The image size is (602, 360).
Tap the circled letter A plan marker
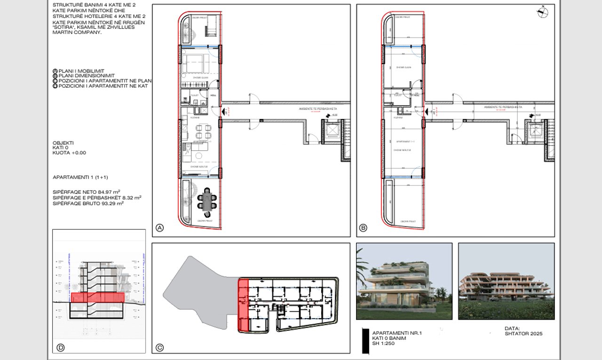tap(159, 228)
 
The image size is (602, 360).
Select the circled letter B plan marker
tap(363, 228)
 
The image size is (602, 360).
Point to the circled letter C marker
tap(159, 348)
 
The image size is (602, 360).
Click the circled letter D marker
tap(60, 348)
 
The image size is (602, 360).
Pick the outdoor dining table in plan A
tap(207, 199)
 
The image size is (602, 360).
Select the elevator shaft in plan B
tap(535, 131)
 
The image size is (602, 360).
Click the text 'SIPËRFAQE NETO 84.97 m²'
tap(86, 192)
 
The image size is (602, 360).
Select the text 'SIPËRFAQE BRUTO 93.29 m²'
tap(87, 203)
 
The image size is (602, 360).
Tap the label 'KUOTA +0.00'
tap(70, 153)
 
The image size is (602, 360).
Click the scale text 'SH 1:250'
tap(383, 344)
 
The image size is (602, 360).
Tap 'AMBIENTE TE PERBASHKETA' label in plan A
tap(318, 109)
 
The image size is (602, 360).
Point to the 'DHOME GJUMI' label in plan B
tap(404, 68)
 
